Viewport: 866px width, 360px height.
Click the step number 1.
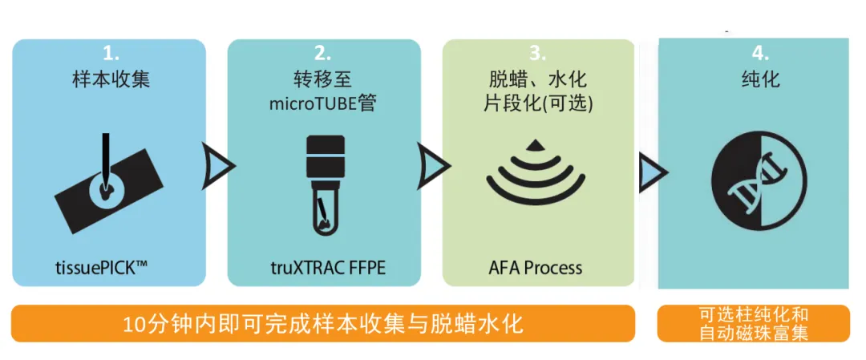[111, 54]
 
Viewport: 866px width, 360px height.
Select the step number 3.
[538, 54]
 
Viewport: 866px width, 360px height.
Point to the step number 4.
[758, 54]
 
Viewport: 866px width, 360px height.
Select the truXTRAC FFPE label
[323, 266]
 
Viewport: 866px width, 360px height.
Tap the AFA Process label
[535, 266]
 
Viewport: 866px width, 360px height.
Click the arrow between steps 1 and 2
[218, 165]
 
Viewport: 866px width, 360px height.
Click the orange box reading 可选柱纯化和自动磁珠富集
[753, 323]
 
